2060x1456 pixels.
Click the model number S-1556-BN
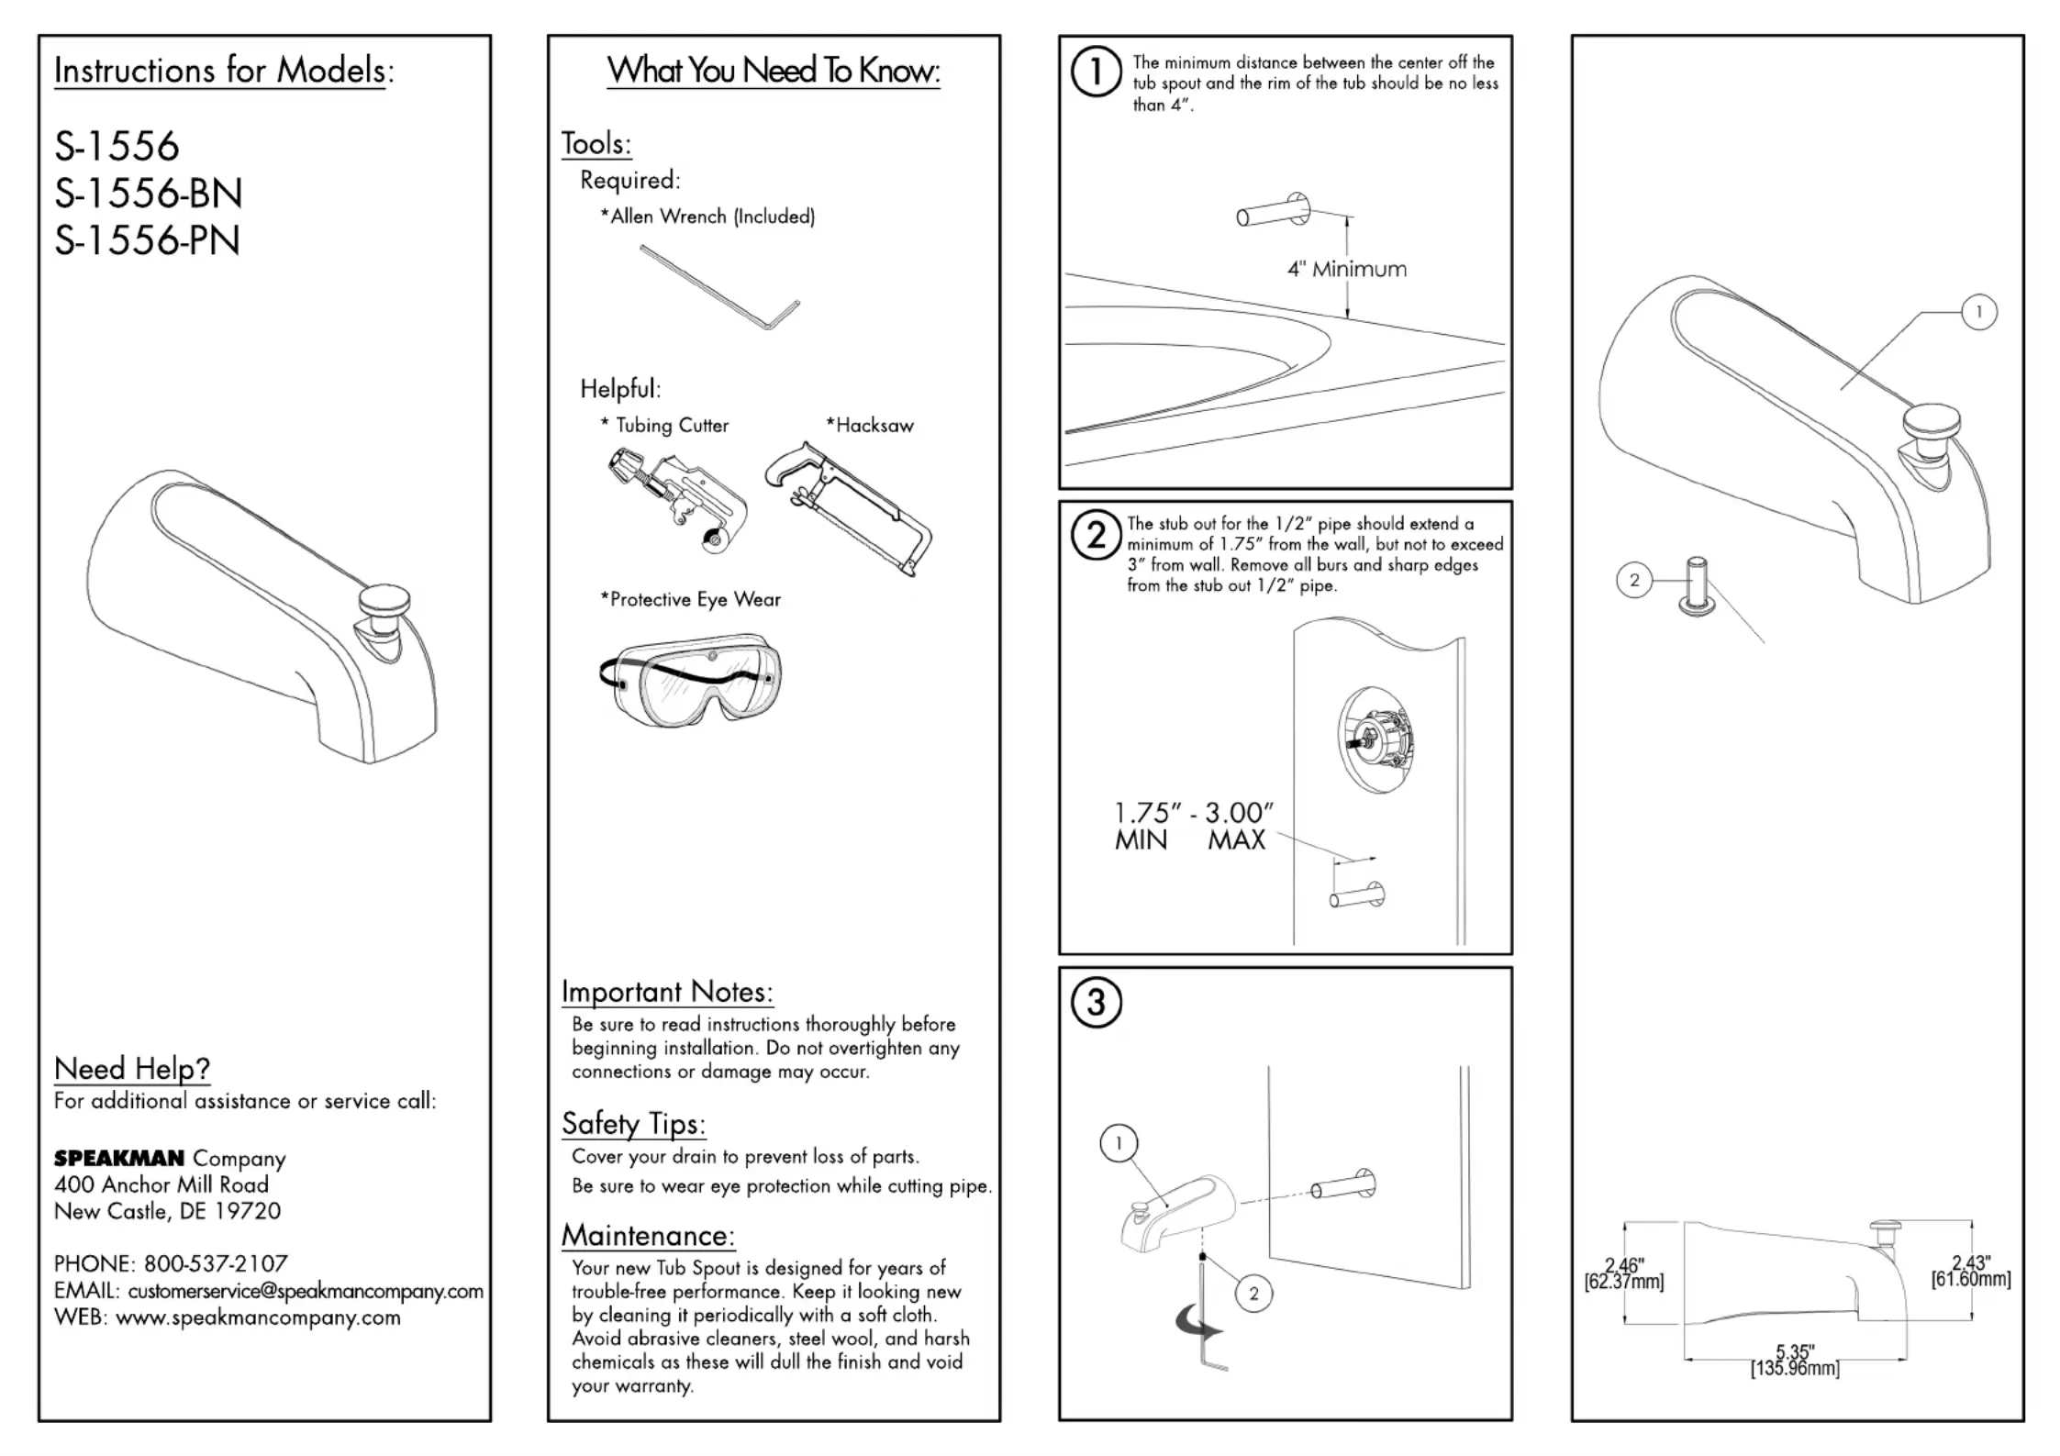148,194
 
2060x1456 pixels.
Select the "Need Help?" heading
132,1068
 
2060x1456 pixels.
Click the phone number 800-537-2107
216,1263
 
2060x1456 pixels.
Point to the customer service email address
306,1291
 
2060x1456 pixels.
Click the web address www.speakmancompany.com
258,1317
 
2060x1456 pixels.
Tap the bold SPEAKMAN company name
119,1159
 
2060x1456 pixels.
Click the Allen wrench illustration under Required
720,286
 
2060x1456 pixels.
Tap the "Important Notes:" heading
667,992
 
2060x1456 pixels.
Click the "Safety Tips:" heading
633,1124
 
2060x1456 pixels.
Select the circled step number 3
1096,1003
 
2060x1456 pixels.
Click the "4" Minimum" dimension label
1346,270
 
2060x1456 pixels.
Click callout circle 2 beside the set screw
1633,580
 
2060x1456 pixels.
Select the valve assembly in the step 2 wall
1376,739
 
